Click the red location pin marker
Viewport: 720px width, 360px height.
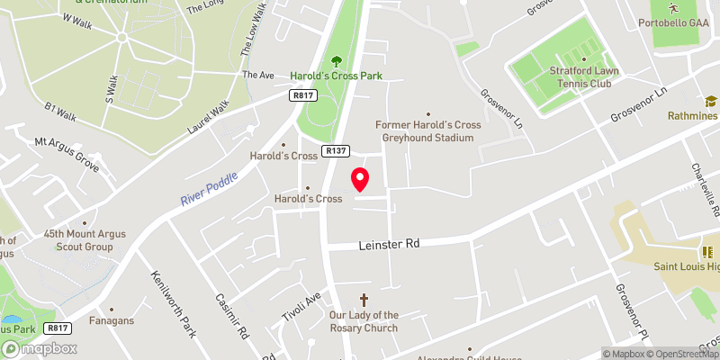pyautogui.click(x=361, y=179)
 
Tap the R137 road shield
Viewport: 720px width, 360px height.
pyautogui.click(x=337, y=151)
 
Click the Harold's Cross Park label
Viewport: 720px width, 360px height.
pyautogui.click(x=337, y=76)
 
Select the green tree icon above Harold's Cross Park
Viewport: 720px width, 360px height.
pyautogui.click(x=337, y=61)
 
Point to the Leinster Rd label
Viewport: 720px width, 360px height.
pyautogui.click(x=389, y=244)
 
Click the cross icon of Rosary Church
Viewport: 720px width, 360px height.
pyautogui.click(x=364, y=299)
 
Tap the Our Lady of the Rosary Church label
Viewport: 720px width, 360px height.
pyautogui.click(x=364, y=321)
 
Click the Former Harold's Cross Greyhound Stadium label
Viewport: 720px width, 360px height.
pyautogui.click(x=427, y=131)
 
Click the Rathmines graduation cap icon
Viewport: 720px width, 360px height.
pyautogui.click(x=710, y=102)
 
